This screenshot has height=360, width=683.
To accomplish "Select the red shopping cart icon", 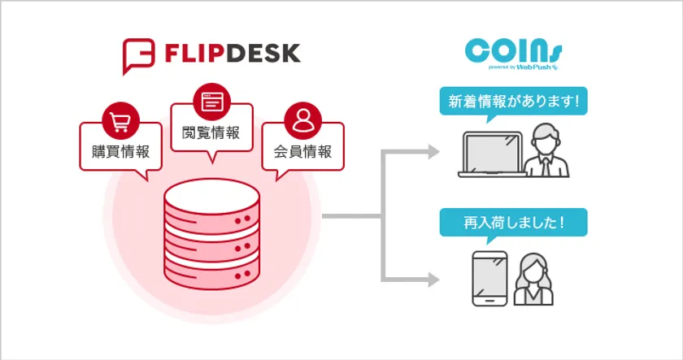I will (120, 123).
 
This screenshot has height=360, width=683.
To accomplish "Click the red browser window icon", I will (211, 102).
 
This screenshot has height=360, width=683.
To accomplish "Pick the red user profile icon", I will (302, 123).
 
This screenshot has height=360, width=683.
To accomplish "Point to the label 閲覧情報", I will (211, 132).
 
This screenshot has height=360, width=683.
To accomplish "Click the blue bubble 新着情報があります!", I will (513, 103).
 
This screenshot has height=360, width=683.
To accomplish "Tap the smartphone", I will (489, 279).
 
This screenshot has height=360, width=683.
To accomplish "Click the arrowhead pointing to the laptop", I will (434, 153).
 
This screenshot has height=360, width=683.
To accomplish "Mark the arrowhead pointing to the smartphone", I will (434, 280).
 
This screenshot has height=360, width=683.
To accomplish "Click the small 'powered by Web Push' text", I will (524, 66).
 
